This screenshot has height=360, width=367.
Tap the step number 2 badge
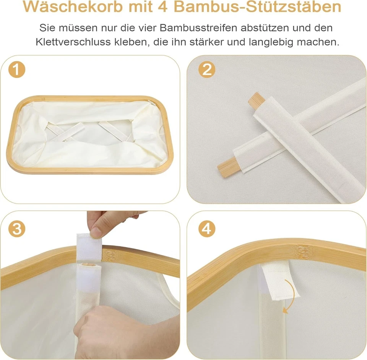click(207, 70)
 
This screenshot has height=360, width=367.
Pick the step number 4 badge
click(207, 229)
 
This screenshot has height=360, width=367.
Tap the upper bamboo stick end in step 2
click(256, 101)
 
